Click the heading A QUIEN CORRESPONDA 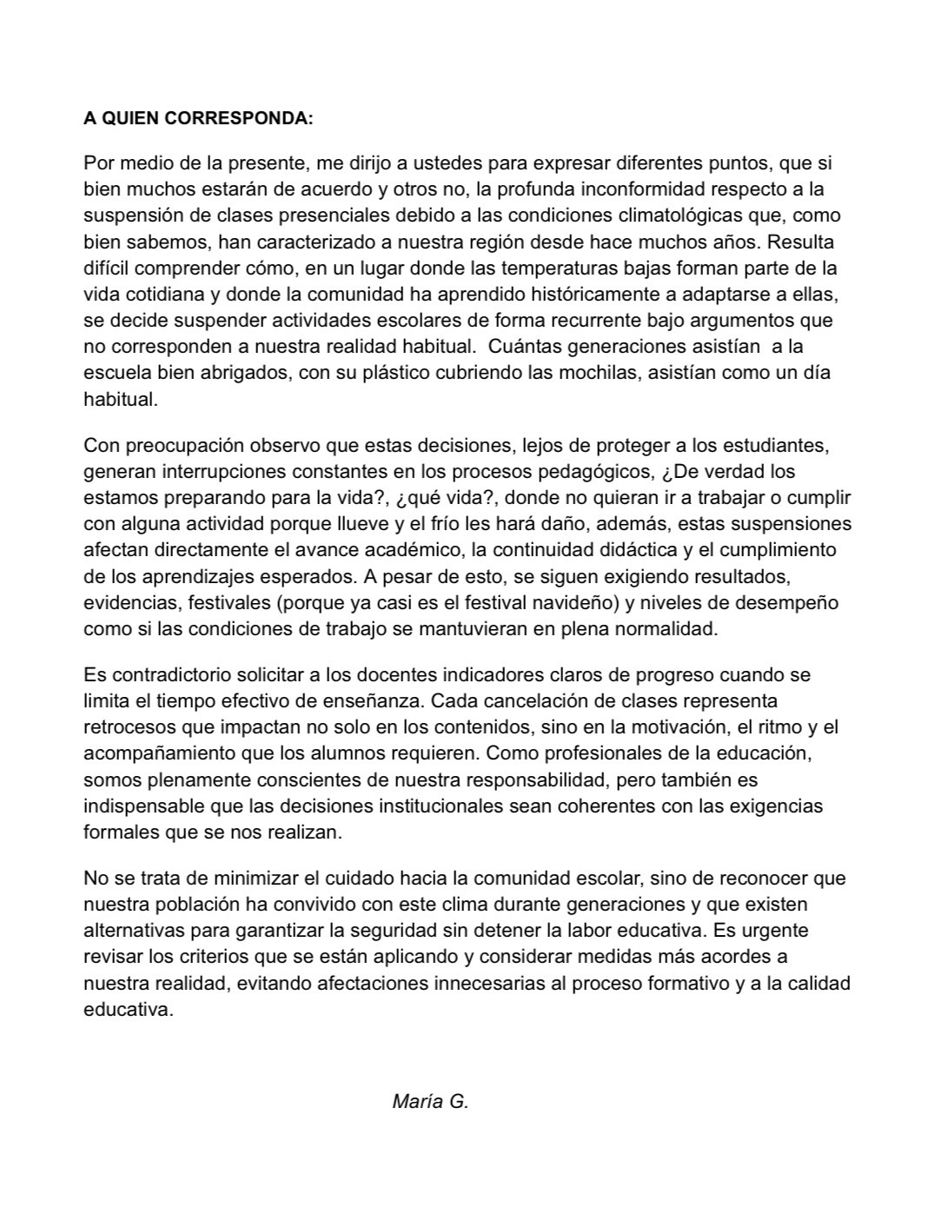[198, 118]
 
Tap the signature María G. [430, 1102]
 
